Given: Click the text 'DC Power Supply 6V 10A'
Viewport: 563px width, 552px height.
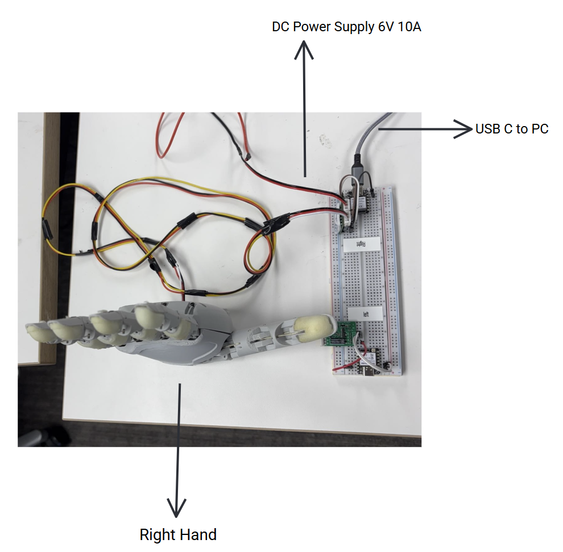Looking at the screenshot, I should (x=346, y=27).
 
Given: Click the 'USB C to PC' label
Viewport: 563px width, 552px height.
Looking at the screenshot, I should (x=512, y=129).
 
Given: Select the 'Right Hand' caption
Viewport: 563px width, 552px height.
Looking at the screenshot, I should (x=178, y=534).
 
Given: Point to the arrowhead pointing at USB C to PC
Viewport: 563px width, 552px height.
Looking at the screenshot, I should (x=465, y=129).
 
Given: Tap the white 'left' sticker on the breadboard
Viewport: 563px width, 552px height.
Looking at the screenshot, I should (x=365, y=312).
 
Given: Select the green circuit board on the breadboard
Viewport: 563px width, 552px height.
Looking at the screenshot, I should (x=341, y=333).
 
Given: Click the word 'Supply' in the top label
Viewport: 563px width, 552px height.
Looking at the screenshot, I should (x=355, y=27).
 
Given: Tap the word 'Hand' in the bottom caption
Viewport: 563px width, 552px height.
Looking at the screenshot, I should (x=198, y=534).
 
